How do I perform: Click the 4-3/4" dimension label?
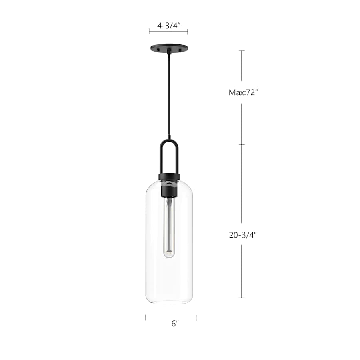[x=168, y=26]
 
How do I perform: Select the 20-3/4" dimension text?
[x=242, y=235]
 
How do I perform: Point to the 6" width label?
[x=174, y=324]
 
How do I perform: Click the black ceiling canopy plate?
[x=168, y=48]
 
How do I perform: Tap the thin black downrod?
[x=169, y=96]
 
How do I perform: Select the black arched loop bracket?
[x=169, y=156]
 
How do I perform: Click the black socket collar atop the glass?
[x=169, y=177]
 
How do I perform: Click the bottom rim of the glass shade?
[x=169, y=302]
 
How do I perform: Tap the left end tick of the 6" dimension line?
[x=146, y=318]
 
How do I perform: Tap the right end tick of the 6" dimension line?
[x=196, y=318]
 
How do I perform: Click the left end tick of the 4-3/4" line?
[x=149, y=32]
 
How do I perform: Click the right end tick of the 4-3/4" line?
[x=188, y=32]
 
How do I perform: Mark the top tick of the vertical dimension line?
[x=242, y=51]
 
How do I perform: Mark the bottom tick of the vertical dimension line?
[x=242, y=298]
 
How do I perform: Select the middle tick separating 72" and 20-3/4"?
[x=242, y=144]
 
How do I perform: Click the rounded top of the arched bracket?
[x=169, y=140]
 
